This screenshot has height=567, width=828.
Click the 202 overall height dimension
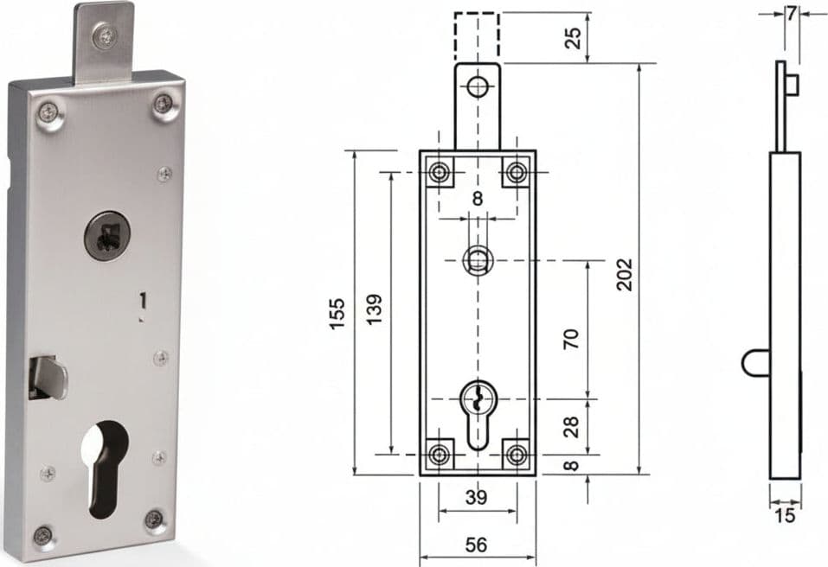pos(624,274)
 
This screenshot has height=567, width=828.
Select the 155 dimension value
pos(337,314)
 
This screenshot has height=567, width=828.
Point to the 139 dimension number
pos(374,309)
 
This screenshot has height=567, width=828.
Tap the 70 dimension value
pos(571,338)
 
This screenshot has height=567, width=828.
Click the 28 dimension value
pos(571,426)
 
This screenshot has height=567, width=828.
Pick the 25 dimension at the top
pos(573,37)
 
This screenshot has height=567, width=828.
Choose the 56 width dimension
pos(477,545)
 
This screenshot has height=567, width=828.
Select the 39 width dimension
pos(477,497)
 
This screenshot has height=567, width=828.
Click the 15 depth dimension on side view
pos(785,515)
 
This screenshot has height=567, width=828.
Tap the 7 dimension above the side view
pos(791,14)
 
